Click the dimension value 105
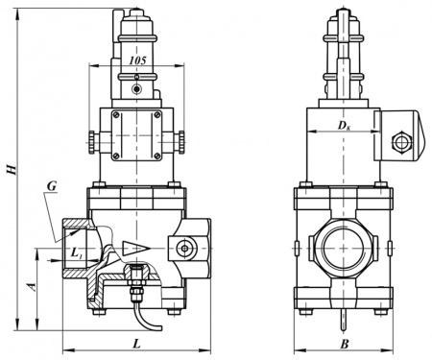[137, 60]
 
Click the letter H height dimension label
[12, 170]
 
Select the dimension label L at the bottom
[137, 344]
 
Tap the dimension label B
[345, 345]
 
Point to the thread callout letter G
[52, 186]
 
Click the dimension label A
[33, 287]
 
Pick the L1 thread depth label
[76, 253]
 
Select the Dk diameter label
[345, 126]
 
